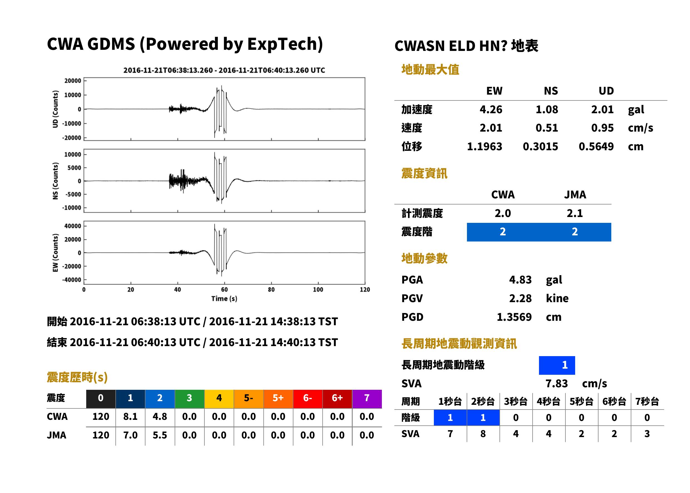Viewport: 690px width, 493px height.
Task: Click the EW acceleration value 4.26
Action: click(491, 109)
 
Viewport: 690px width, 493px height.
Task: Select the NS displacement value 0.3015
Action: click(540, 147)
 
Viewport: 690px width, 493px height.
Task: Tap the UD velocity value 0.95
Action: click(602, 128)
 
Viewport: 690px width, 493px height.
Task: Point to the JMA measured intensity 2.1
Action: click(575, 213)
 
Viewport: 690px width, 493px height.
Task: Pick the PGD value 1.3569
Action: click(514, 317)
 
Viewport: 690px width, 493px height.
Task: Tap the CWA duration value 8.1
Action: click(130, 416)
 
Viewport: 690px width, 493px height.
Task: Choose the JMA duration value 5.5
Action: click(160, 435)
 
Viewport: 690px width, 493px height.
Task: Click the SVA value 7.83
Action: click(557, 383)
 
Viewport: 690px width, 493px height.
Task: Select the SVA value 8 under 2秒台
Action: click(483, 434)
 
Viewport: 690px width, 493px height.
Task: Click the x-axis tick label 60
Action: click(224, 290)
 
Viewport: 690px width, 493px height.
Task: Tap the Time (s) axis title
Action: click(224, 299)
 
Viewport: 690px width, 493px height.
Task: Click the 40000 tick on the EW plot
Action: click(73, 226)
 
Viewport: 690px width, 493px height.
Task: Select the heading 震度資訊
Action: click(424, 173)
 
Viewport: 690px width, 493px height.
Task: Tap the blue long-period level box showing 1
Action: click(557, 365)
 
